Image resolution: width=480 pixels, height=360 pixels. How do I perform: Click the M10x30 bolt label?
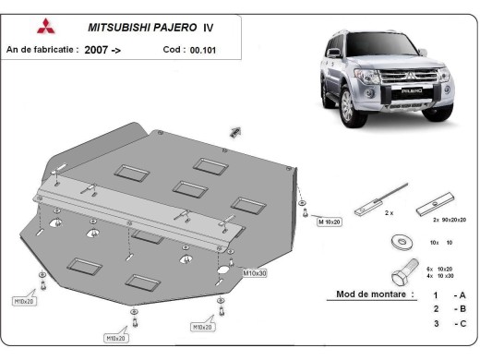(255, 273)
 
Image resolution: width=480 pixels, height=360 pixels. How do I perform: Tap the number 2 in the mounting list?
(434, 309)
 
